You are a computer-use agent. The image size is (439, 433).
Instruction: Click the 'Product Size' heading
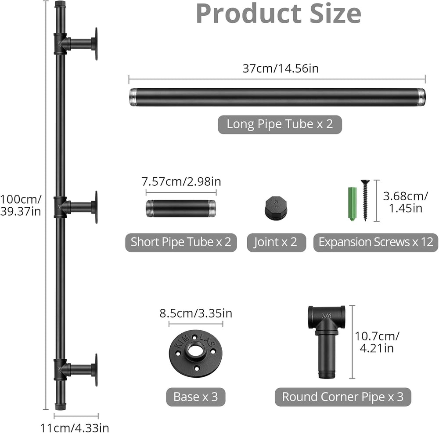(x=279, y=14)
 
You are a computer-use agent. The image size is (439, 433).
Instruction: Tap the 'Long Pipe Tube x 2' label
(x=280, y=124)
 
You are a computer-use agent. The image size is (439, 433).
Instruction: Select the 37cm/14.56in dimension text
(x=281, y=69)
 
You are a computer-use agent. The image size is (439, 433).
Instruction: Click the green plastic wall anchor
(x=352, y=204)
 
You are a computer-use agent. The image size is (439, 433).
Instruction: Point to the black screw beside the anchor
(x=365, y=200)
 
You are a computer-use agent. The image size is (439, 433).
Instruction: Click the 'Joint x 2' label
(x=276, y=242)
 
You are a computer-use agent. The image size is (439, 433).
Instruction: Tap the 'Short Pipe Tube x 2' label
(x=181, y=242)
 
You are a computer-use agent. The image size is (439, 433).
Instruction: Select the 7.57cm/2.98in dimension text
(x=181, y=182)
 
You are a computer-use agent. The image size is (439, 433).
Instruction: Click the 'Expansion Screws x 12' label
(x=376, y=242)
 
